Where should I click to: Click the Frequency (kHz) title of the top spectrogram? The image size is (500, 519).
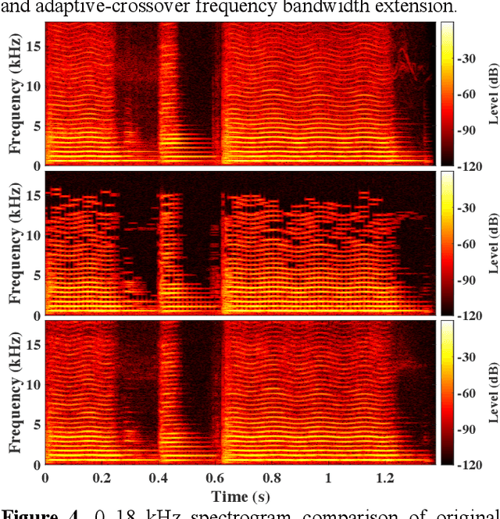[x=14, y=94]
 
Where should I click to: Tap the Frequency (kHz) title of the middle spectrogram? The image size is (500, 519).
[x=14, y=244]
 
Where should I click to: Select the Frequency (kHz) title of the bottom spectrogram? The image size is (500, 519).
[x=14, y=393]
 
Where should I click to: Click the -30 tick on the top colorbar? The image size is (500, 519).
[x=469, y=58]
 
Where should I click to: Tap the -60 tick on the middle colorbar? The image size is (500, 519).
[x=469, y=244]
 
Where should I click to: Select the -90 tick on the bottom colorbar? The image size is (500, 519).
[x=469, y=429]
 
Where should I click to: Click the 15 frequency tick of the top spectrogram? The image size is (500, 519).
[x=34, y=46]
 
